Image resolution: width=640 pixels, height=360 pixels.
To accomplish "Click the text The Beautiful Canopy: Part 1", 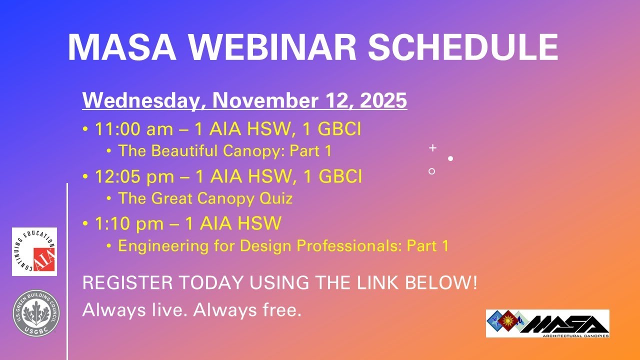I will tap(224, 150).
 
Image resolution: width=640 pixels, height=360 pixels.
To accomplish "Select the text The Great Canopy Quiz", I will tap(205, 198).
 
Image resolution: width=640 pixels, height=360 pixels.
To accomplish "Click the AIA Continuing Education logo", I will tap(34, 251).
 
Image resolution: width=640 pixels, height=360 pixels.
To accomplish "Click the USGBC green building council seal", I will tap(36, 313).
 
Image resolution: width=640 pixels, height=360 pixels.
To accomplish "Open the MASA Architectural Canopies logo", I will tap(547, 323).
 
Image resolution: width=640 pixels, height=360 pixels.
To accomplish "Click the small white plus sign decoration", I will tap(433, 148).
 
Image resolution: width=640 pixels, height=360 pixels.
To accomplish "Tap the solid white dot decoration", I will tap(450, 158).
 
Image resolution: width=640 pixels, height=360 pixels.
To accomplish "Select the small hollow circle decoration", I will tap(432, 171).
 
